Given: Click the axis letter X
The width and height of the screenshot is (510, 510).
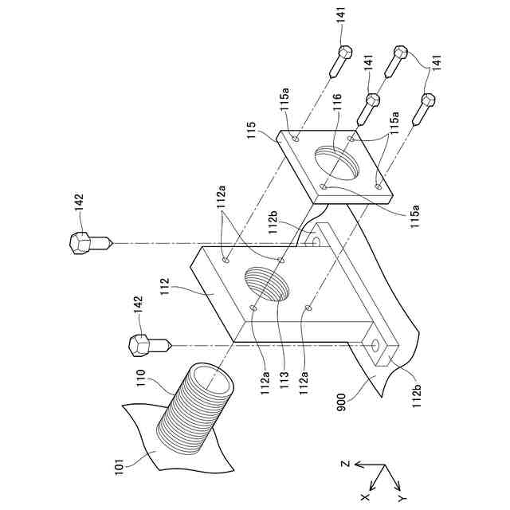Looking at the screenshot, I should pyautogui.click(x=364, y=496).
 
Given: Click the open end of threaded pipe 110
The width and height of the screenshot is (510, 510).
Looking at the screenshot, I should pyautogui.click(x=211, y=379).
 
